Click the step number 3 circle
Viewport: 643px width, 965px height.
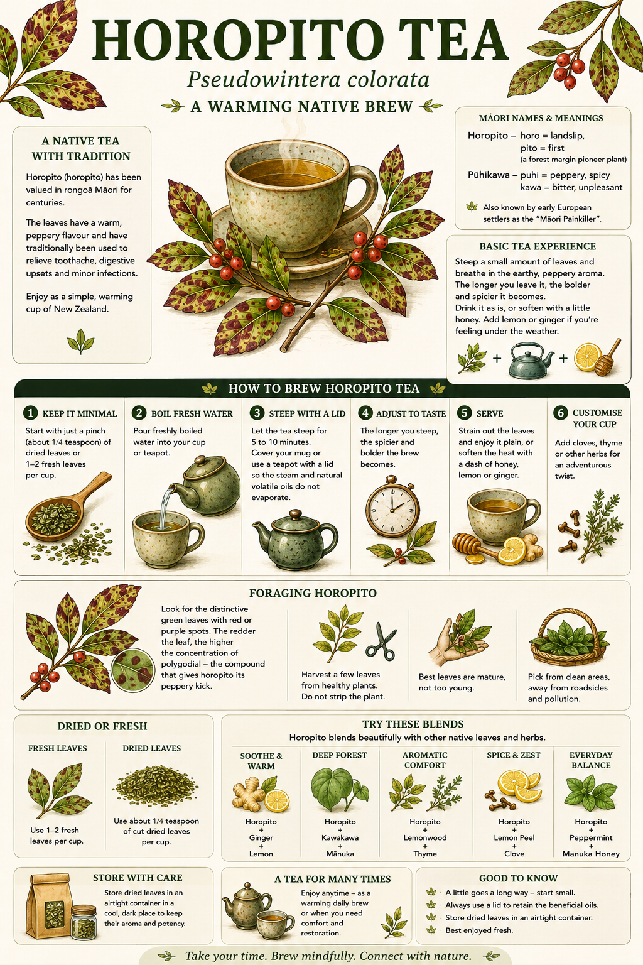click(x=257, y=413)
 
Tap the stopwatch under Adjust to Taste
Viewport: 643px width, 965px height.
click(x=392, y=506)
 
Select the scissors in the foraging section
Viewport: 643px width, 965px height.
click(x=381, y=641)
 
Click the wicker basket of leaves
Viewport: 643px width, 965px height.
click(x=570, y=637)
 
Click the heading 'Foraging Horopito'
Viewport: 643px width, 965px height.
click(x=313, y=593)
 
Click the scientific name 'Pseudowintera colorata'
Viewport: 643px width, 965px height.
click(x=308, y=80)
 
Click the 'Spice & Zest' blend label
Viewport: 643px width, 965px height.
click(x=514, y=755)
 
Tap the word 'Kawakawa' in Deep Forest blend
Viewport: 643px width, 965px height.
click(x=340, y=837)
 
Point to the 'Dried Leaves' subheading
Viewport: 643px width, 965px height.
click(x=151, y=748)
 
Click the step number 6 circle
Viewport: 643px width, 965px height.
click(x=560, y=413)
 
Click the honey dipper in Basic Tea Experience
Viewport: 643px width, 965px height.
click(x=608, y=357)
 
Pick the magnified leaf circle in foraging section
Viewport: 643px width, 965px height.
click(x=132, y=670)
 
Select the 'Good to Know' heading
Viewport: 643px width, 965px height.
click(x=519, y=878)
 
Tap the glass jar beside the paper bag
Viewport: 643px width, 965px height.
click(x=84, y=922)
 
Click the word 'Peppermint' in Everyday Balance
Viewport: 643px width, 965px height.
click(x=591, y=837)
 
